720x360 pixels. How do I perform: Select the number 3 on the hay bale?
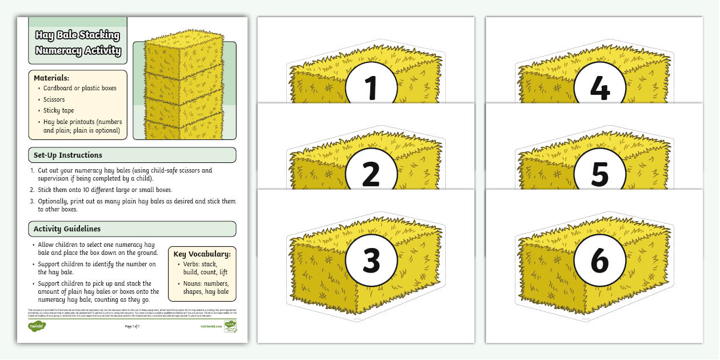(371, 261)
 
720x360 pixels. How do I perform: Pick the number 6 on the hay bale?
(599, 261)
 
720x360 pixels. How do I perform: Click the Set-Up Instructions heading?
(68, 155)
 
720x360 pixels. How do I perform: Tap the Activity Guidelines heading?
(67, 229)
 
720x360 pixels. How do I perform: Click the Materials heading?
(51, 78)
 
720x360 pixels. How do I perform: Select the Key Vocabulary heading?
(202, 254)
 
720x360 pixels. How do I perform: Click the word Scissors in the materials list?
(54, 99)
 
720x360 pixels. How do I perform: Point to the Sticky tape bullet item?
(58, 110)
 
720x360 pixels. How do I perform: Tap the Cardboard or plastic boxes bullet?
(79, 88)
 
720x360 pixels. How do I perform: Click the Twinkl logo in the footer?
(37, 326)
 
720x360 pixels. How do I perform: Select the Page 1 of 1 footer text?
(132, 326)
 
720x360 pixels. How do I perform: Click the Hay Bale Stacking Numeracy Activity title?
(78, 43)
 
